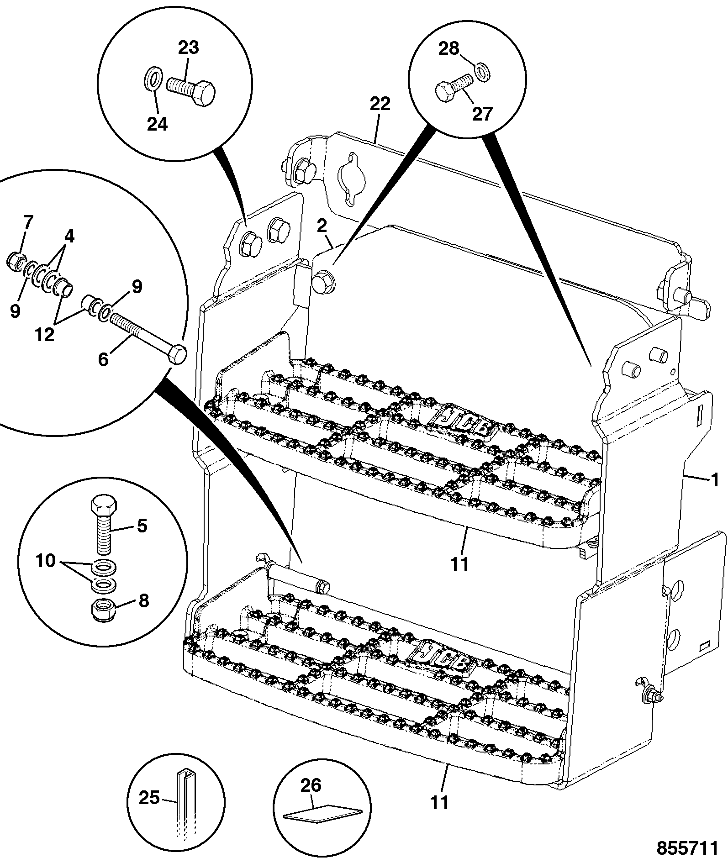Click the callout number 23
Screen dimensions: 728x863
tap(189, 48)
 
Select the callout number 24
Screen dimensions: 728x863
tap(158, 124)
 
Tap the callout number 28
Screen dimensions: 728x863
tap(448, 48)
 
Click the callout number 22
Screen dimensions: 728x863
tap(380, 104)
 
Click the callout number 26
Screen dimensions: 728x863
tap(311, 784)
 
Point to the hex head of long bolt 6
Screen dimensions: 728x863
tap(177, 354)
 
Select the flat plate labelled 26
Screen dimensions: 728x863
tap(322, 813)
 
